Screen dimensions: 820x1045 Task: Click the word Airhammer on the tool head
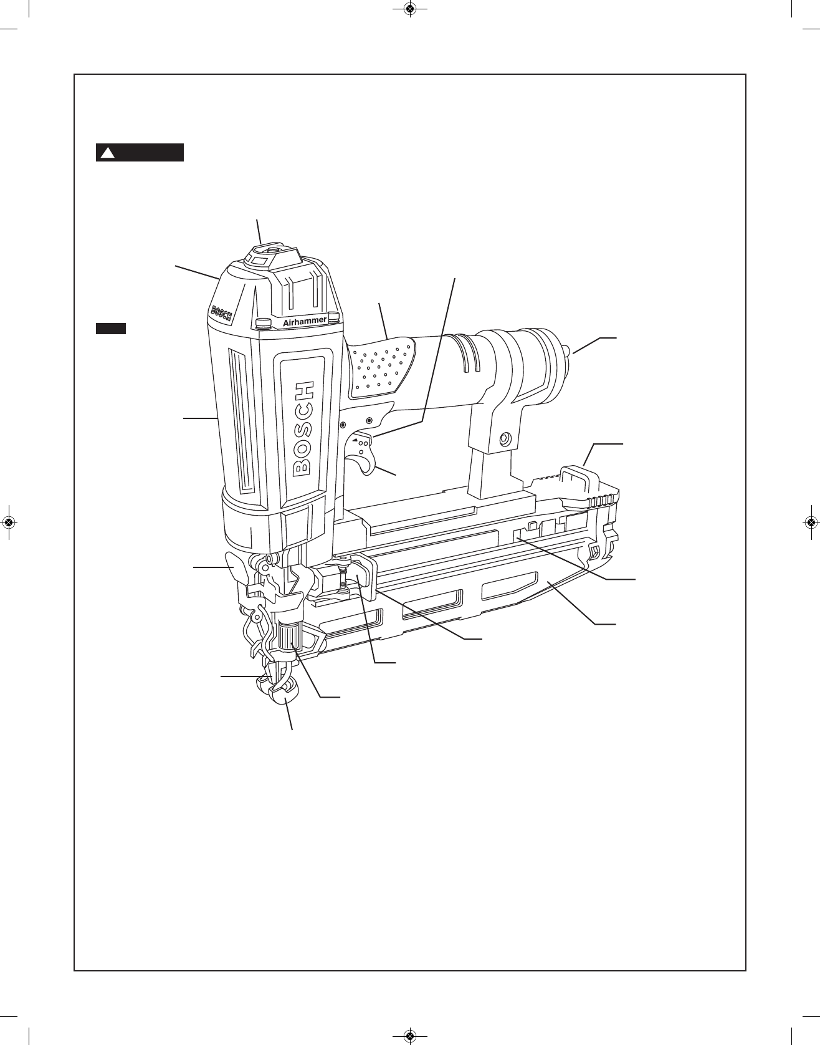coord(305,321)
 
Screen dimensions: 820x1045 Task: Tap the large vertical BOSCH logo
coord(303,428)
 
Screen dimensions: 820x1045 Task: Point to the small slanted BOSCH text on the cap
coord(222,313)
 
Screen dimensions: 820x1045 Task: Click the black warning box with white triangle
coord(140,153)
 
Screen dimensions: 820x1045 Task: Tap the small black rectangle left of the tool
coord(111,329)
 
